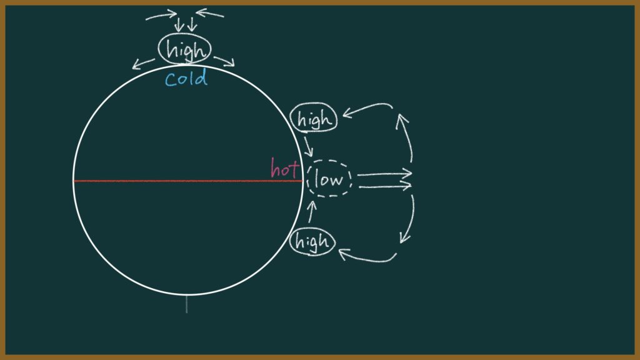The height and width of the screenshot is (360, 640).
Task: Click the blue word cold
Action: (186, 78)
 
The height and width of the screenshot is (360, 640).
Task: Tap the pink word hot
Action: (284, 167)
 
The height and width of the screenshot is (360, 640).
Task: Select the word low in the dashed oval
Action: (329, 179)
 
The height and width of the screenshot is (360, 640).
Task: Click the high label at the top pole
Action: (185, 49)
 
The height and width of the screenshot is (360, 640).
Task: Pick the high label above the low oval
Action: (314, 117)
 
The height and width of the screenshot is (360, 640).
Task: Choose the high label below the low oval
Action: (312, 241)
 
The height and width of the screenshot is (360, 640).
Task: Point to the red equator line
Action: (187, 181)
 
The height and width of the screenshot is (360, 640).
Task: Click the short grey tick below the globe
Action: (187, 304)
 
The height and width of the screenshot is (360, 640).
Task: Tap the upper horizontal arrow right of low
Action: (384, 174)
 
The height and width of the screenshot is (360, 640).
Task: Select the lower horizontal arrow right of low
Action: (385, 186)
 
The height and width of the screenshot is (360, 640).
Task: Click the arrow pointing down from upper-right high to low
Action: (309, 146)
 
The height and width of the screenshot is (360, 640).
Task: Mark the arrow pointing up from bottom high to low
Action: (311, 211)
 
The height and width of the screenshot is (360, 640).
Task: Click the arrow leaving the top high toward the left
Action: (143, 64)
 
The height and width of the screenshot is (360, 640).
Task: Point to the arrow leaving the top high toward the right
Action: (225, 61)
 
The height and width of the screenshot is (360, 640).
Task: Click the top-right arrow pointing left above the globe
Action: (210, 14)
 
